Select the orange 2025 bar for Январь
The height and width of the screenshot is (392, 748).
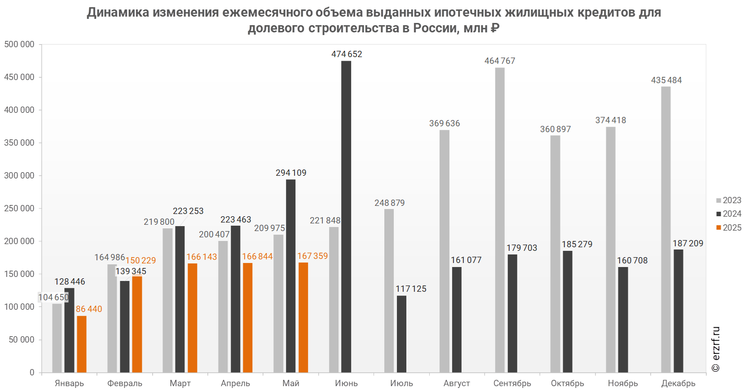pos(81,344)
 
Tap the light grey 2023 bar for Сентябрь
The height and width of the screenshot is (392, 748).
pos(500,220)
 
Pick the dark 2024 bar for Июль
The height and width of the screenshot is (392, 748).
pos(401,334)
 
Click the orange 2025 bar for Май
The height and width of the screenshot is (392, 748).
pos(303,317)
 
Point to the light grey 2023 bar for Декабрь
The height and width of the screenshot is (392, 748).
pos(666,229)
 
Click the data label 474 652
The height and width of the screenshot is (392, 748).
pos(347,54)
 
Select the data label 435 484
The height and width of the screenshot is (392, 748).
pos(666,80)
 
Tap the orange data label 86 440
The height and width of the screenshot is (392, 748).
pos(89,309)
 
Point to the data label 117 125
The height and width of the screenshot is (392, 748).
pos(411,289)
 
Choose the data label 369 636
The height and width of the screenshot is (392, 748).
pos(444,123)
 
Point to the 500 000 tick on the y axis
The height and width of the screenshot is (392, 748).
pos(19,44)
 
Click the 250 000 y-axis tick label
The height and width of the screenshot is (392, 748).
pos(19,208)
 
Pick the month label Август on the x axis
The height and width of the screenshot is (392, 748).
pos(457,383)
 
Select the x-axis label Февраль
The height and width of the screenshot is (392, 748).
pos(125,383)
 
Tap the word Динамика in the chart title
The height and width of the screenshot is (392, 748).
pos(118,12)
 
